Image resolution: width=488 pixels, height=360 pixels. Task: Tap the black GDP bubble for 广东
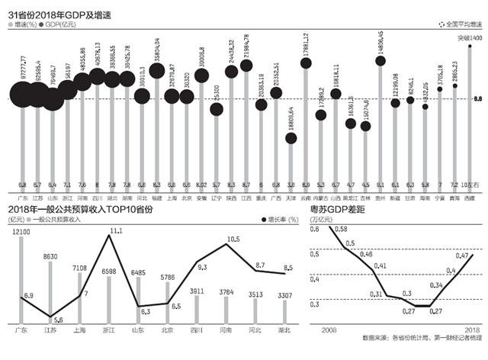23,95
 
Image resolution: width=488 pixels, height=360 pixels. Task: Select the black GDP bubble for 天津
291,138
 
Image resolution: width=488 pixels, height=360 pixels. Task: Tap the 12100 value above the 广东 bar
21,231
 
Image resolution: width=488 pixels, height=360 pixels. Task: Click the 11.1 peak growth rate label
114,230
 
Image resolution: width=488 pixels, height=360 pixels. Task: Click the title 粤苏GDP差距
342,210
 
